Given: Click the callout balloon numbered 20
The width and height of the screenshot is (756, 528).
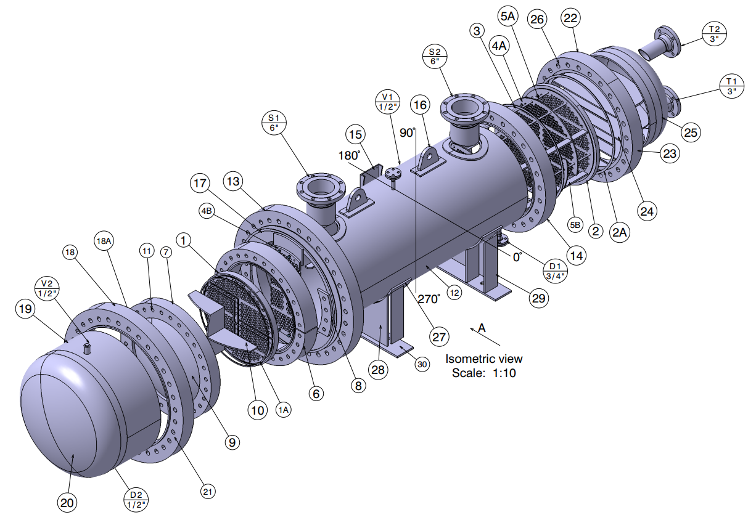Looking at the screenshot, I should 68,503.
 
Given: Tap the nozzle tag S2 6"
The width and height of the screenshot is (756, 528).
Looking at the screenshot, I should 434,55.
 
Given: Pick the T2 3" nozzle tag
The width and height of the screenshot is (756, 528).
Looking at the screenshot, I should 714,33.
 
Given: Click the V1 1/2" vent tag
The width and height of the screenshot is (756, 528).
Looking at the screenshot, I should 388,102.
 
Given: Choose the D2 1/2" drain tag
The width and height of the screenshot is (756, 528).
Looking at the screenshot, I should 136,500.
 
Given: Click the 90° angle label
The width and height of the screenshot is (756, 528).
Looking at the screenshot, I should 407,132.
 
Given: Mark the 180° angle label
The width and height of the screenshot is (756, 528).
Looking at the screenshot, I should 348,155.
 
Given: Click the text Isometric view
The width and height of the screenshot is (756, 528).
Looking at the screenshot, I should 484,359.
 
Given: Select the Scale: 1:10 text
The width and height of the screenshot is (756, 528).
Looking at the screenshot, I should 484,373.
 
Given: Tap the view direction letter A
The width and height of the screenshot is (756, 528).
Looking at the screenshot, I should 482,328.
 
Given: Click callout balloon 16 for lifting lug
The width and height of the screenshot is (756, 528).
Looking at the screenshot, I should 420,105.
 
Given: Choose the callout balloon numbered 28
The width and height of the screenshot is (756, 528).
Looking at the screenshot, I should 378,369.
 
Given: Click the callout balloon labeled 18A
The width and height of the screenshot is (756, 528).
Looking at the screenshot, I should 104,241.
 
